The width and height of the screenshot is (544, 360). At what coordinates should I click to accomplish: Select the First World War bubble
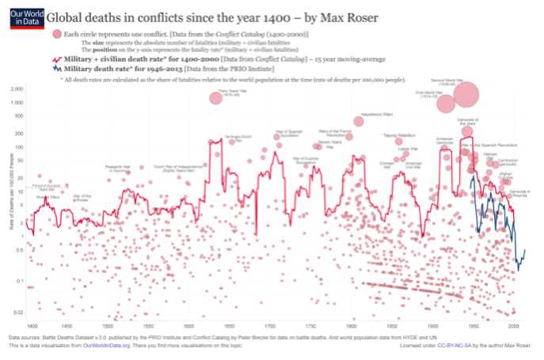point(446,104)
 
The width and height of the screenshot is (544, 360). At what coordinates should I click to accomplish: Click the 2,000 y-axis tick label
point(15,89)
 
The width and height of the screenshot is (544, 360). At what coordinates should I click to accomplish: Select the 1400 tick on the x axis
point(32,326)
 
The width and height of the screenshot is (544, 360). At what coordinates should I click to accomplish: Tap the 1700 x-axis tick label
point(272,326)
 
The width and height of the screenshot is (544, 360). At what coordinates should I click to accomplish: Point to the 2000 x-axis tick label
point(512,326)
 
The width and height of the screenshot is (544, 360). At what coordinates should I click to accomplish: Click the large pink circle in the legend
point(57,34)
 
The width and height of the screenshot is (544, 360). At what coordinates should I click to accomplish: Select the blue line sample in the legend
point(57,70)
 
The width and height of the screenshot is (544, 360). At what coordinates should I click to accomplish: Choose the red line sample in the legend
point(57,59)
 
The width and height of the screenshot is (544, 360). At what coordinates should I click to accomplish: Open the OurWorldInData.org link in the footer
point(110,346)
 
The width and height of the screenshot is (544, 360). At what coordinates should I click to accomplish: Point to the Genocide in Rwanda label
point(519,192)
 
